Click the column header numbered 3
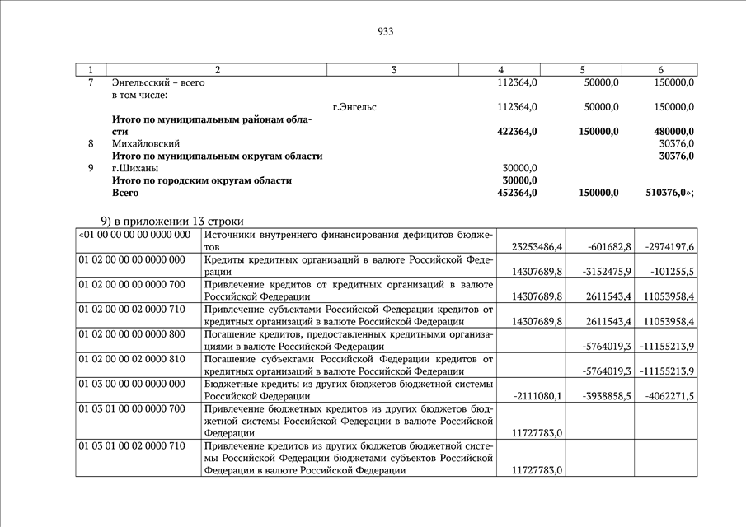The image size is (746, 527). pyautogui.click(x=394, y=70)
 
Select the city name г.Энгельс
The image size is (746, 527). pyautogui.click(x=354, y=107)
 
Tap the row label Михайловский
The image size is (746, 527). pyautogui.click(x=145, y=143)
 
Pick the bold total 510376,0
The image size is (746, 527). pyautogui.click(x=670, y=193)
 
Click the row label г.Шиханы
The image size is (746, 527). pyautogui.click(x=135, y=168)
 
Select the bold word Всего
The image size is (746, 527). pyautogui.click(x=125, y=193)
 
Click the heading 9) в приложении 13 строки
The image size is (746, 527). pyautogui.click(x=171, y=220)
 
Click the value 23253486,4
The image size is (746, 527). pyautogui.click(x=537, y=247)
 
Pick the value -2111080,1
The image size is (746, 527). pyautogui.click(x=537, y=396)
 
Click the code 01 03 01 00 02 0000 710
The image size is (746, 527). pyautogui.click(x=132, y=445)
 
